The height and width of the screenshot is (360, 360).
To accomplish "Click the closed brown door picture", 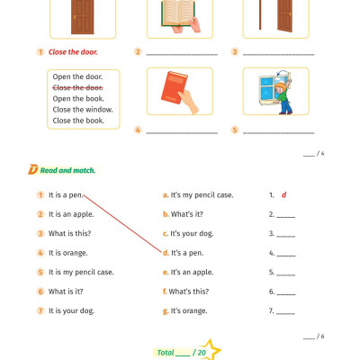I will [82, 15].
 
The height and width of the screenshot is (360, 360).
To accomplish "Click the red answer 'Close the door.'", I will [75, 52].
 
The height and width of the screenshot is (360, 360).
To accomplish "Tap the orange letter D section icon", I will [33, 169].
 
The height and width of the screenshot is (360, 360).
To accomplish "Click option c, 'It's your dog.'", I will [196, 233].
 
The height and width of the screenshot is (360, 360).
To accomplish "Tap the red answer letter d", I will [283, 194].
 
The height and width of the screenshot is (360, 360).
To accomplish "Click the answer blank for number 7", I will [285, 311].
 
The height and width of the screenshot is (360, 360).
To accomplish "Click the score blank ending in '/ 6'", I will [309, 336].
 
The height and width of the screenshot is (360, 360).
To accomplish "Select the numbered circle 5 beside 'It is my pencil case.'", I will [40, 272].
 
